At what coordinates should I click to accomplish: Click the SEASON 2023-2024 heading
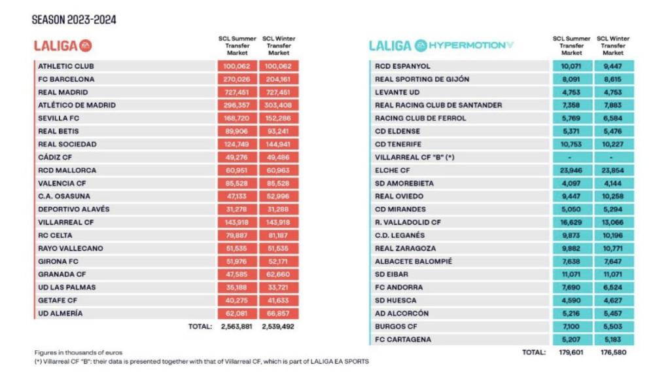[74, 20]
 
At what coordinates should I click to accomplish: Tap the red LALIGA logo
[63, 45]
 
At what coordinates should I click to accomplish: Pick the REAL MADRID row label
[63, 92]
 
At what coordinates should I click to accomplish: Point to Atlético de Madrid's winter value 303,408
[279, 105]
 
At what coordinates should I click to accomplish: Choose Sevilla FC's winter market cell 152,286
[279, 118]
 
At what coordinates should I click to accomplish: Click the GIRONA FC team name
[59, 262]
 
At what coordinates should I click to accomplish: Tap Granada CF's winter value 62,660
[279, 275]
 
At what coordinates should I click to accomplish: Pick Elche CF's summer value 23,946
[571, 170]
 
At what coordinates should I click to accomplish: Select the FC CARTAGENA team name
[402, 340]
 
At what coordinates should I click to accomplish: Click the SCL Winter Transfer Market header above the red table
[281, 46]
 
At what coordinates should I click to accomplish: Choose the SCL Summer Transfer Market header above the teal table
[571, 46]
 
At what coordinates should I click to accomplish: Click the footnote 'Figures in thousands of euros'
[78, 353]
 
